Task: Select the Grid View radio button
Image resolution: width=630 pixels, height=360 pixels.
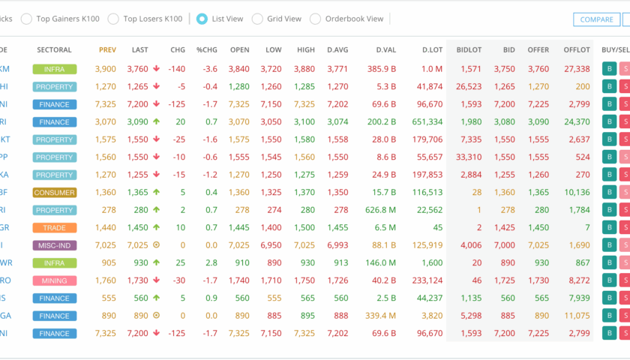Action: coord(257,19)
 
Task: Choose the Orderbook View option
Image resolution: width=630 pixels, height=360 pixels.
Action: coord(315,19)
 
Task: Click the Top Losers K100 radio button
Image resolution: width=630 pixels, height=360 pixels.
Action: coord(113,19)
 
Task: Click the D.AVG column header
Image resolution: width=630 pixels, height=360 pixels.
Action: coord(337,50)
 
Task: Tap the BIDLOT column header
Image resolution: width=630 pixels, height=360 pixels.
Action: coord(469,50)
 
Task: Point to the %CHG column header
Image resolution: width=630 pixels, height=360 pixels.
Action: coord(206,50)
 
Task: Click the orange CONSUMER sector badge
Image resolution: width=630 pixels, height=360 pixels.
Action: coord(55,192)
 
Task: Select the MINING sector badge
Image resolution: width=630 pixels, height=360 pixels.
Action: coord(55,280)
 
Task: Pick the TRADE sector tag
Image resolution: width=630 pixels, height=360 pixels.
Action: coord(55,227)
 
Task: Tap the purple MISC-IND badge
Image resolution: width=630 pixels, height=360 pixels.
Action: coord(55,245)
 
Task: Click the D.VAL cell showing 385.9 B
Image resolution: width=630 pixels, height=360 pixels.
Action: coord(382,69)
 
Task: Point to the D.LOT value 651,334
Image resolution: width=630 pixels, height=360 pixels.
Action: coord(427,121)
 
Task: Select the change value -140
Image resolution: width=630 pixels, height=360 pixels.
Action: coord(177,69)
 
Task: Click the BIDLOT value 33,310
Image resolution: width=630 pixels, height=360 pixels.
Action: coord(469,157)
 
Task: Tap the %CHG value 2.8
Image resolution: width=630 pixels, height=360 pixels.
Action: coord(211,262)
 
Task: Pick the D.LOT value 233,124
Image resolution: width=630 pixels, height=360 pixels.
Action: coord(427,280)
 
